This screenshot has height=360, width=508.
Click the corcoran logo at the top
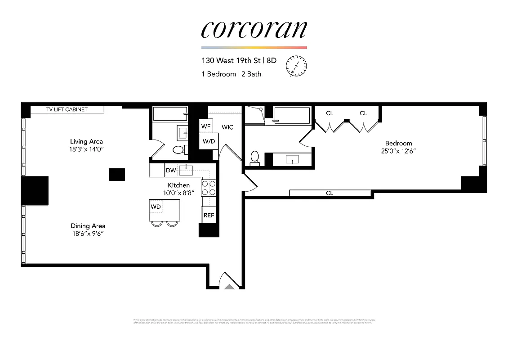[254, 29]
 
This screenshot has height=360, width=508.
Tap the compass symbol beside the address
[296, 65]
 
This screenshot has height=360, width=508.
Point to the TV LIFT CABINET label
[67, 109]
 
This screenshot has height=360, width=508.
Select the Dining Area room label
[88, 226]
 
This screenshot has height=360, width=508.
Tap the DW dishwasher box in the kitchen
[171, 170]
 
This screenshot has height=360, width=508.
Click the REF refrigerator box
[209, 215]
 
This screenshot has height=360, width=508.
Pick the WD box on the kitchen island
[156, 207]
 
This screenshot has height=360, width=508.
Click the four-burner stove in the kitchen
[208, 188]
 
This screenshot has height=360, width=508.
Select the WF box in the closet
[206, 126]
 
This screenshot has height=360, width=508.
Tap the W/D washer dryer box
[208, 141]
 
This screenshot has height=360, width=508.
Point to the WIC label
[227, 127]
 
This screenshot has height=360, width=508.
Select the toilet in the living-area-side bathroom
[178, 149]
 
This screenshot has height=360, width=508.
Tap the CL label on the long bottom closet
[330, 193]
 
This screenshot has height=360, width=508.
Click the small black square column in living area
[117, 174]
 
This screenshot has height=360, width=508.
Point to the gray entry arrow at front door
[229, 286]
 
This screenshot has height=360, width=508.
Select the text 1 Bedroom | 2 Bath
[231, 74]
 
